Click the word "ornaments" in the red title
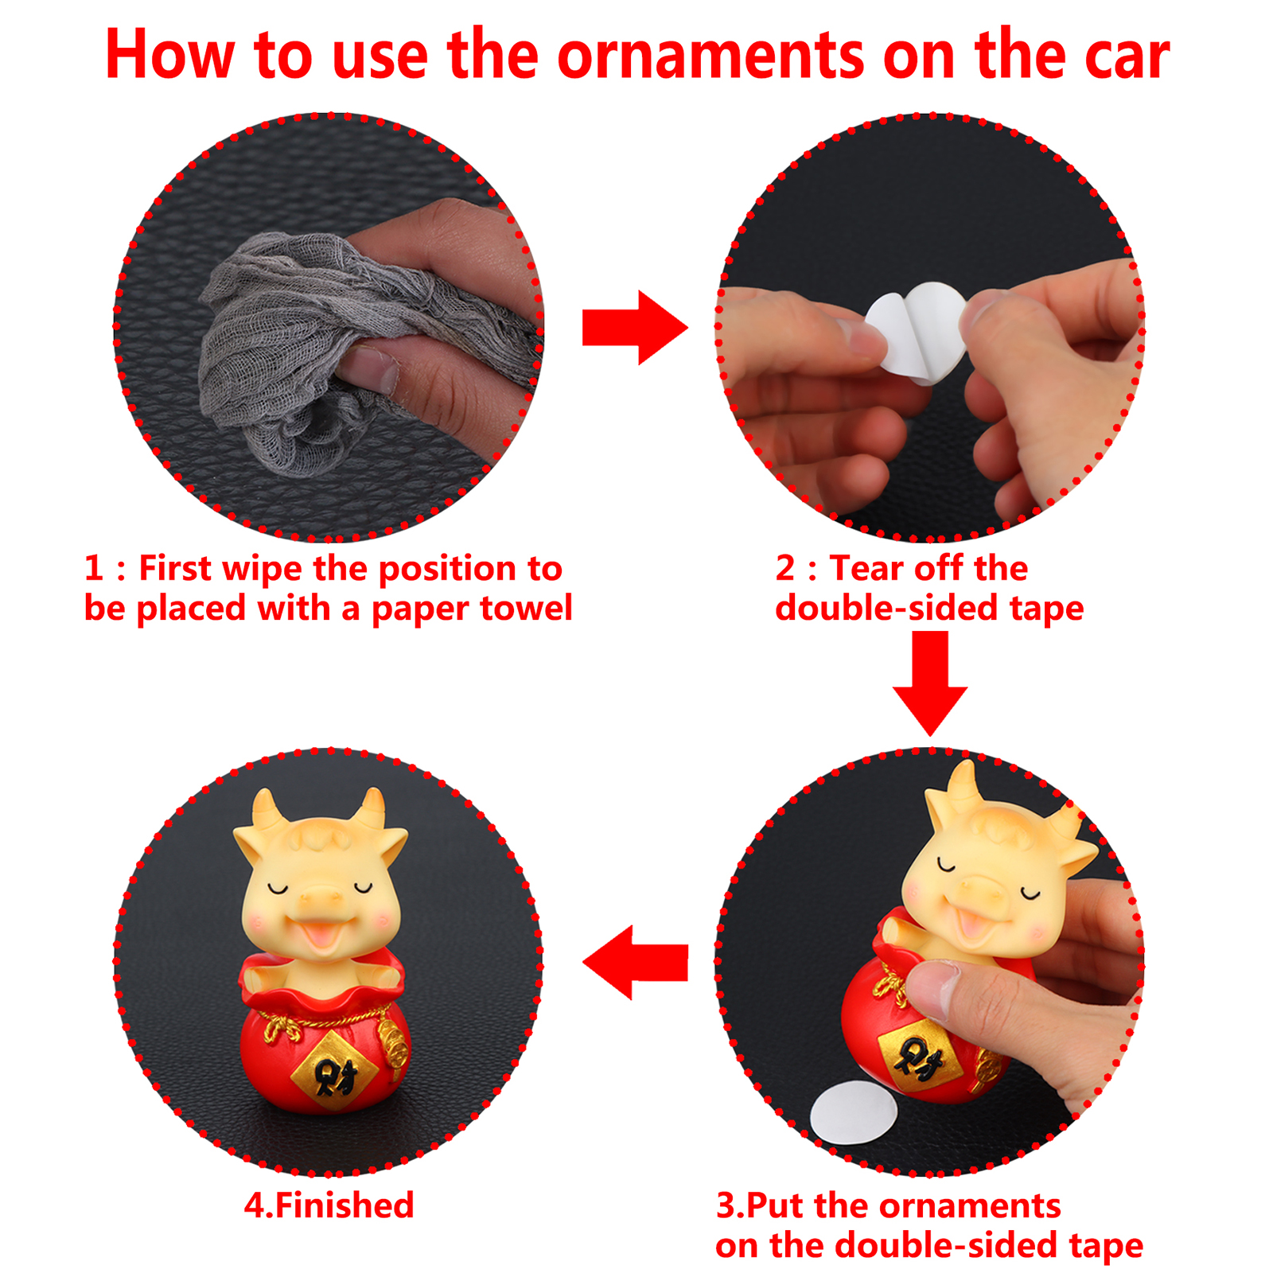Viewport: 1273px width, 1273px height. [x=710, y=56]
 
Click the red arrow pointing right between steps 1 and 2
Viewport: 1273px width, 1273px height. [x=635, y=327]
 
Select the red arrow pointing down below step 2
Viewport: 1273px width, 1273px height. [x=929, y=683]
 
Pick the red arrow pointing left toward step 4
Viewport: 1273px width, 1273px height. [x=635, y=962]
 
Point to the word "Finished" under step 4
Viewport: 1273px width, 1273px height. [x=345, y=1205]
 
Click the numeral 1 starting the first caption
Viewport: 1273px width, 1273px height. [x=93, y=568]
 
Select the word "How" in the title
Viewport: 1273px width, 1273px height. [x=170, y=56]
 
